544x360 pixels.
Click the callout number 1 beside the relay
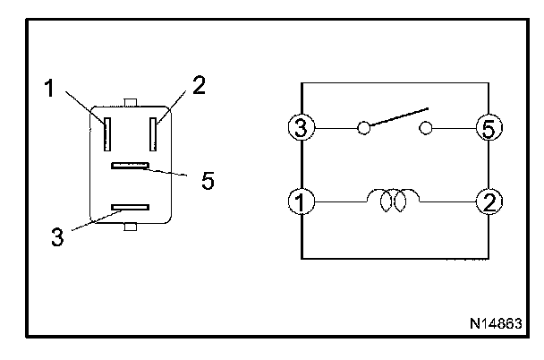[x=49, y=88]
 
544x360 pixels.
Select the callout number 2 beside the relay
[x=199, y=85]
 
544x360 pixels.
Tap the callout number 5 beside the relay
[x=208, y=180]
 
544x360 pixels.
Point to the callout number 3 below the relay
[x=57, y=236]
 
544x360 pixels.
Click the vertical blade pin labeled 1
[x=107, y=134]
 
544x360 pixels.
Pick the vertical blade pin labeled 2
[x=153, y=134]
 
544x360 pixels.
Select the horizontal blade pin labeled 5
[x=130, y=166]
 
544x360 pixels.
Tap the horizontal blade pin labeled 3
[x=130, y=207]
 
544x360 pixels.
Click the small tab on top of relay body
[x=131, y=102]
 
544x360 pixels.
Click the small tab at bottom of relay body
[x=131, y=227]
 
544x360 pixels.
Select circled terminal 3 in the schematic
[x=302, y=127]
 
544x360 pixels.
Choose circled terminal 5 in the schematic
[x=489, y=128]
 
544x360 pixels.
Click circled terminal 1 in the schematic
[x=302, y=201]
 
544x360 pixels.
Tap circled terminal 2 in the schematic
[x=489, y=201]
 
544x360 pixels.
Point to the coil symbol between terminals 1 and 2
[x=393, y=201]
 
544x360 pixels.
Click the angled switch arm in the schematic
[x=399, y=117]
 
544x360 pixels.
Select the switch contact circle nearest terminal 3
[x=363, y=128]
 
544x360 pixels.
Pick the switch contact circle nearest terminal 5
[x=426, y=128]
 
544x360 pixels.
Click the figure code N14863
[x=496, y=323]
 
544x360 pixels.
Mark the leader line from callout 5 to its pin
[x=166, y=172]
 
